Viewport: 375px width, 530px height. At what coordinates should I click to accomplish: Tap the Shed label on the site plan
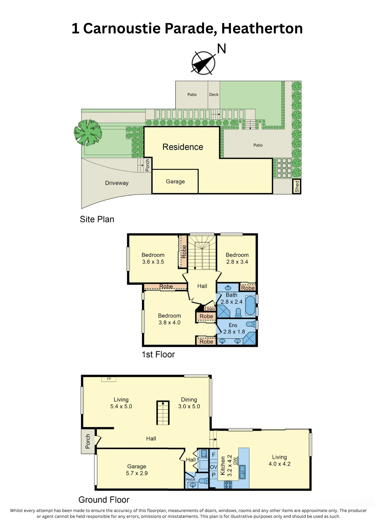[x=297, y=186]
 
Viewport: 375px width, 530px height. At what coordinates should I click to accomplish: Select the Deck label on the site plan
[x=214, y=95]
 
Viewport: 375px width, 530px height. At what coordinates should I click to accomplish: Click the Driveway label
[x=117, y=183]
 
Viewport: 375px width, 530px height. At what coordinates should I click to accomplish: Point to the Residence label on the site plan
[x=183, y=147]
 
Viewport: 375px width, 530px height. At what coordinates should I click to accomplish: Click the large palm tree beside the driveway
[x=88, y=132]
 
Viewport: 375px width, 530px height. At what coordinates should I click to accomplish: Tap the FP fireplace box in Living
[x=109, y=379]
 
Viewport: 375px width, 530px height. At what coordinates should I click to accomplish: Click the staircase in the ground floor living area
[x=163, y=413]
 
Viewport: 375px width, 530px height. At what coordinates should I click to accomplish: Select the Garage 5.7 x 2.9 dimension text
[x=137, y=473]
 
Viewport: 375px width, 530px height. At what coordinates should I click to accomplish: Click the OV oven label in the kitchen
[x=213, y=467]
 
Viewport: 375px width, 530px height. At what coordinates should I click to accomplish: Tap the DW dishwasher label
[x=235, y=461]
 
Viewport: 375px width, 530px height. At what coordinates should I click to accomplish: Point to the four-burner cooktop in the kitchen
[x=228, y=485]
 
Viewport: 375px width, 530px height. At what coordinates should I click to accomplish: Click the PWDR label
[x=191, y=480]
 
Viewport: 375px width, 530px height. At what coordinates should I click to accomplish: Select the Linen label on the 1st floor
[x=210, y=309]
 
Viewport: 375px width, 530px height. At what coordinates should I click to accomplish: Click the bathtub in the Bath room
[x=250, y=306]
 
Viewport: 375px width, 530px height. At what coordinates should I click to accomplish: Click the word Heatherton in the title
[x=262, y=28]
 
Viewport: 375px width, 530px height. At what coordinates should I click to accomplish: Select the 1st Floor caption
[x=158, y=354]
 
